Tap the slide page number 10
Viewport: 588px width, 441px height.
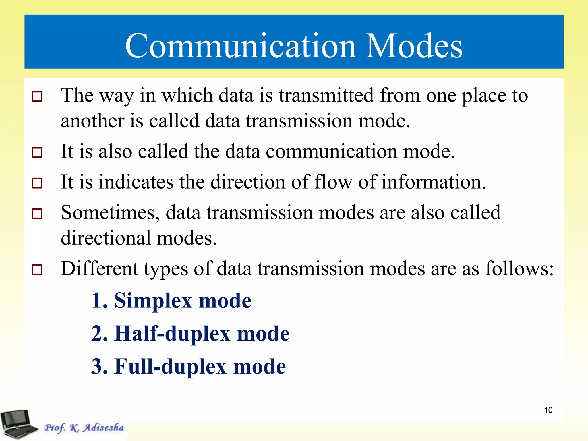548,410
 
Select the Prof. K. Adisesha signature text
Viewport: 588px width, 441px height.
84,428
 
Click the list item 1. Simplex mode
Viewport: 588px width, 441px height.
171,301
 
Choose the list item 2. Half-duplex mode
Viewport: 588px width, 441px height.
190,334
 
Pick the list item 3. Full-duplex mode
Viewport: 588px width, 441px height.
188,367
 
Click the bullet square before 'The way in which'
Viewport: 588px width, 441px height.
37,97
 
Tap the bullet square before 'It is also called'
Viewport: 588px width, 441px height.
37,152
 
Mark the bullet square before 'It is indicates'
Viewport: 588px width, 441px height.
37,183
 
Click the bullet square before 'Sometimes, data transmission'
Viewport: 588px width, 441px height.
37,214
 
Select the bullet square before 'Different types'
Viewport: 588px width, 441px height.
37,270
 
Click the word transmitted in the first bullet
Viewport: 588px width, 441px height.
326,95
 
